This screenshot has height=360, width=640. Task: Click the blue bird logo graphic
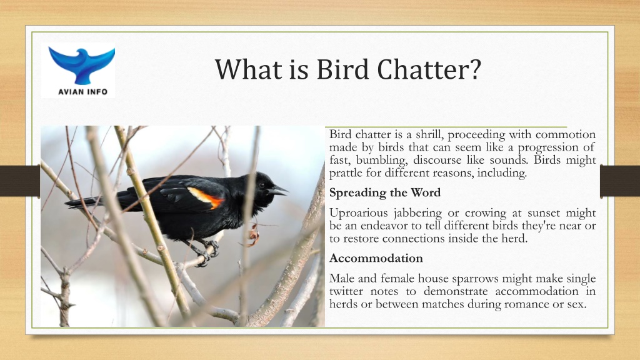(x=82, y=64)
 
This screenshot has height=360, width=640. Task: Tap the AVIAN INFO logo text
(x=83, y=92)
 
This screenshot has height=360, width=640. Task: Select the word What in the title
(x=249, y=69)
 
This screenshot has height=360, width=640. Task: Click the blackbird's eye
(x=262, y=184)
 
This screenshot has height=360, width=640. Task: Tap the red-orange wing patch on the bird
(x=206, y=197)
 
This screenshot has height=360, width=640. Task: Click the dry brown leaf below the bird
(x=253, y=235)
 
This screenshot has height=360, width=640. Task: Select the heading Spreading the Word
(x=385, y=192)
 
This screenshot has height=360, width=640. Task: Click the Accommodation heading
(x=376, y=258)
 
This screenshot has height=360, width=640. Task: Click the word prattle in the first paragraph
(x=346, y=173)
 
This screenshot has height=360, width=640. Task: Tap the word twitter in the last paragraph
(x=346, y=291)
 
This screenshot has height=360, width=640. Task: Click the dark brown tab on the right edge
(x=619, y=181)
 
